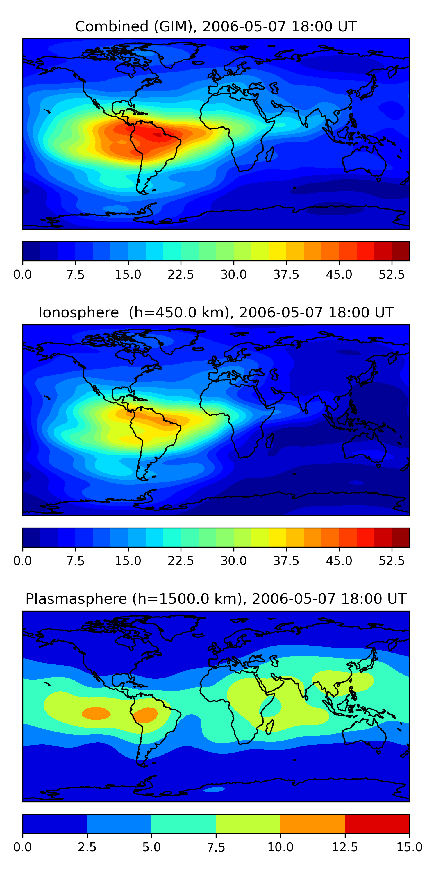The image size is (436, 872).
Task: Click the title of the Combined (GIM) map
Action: click(x=216, y=26)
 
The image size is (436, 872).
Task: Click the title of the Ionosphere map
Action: click(x=216, y=312)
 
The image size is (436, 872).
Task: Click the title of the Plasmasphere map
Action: click(x=216, y=599)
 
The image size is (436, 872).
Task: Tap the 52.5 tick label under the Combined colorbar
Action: click(x=391, y=274)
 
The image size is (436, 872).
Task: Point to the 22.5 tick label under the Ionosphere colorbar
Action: click(x=181, y=561)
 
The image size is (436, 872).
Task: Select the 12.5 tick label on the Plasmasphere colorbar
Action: click(x=345, y=847)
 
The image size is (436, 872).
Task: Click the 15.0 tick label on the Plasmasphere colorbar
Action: click(x=409, y=847)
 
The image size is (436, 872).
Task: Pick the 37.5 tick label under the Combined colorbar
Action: click(x=286, y=274)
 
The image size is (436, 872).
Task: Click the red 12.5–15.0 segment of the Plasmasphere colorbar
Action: click(x=377, y=823)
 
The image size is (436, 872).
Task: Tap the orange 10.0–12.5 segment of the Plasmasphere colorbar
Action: click(x=312, y=823)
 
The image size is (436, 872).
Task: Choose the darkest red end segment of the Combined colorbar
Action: click(x=401, y=251)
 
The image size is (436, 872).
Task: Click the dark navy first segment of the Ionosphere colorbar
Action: click(x=31, y=537)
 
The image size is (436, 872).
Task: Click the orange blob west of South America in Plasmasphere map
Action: click(x=96, y=713)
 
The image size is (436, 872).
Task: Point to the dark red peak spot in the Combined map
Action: click(x=158, y=135)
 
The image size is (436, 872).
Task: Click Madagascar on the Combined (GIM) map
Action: click(x=270, y=154)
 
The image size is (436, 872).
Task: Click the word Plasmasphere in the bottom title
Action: click(x=76, y=599)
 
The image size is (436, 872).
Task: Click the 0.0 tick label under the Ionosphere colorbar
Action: click(x=23, y=561)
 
